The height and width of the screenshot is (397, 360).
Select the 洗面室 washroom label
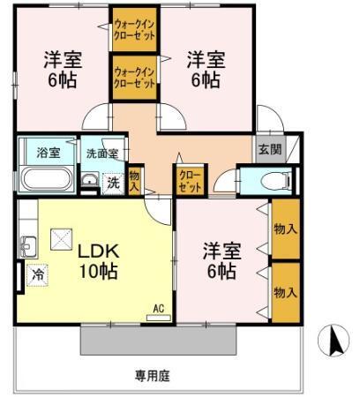pyautogui.click(x=101, y=153)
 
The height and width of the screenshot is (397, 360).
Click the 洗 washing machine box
pyautogui.click(x=112, y=183)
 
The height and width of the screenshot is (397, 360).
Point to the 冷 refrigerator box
pyautogui.click(x=36, y=273)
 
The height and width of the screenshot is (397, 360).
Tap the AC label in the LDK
pyautogui.click(x=159, y=308)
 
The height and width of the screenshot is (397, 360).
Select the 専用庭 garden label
pyautogui.click(x=152, y=376)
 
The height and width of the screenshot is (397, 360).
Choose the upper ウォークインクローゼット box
pyautogui.click(x=135, y=30)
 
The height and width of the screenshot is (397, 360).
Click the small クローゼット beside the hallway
pyautogui.click(x=188, y=181)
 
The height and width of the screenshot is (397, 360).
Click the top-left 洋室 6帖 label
pyautogui.click(x=64, y=69)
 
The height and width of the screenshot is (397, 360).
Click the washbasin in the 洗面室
pyautogui.click(x=89, y=182)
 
